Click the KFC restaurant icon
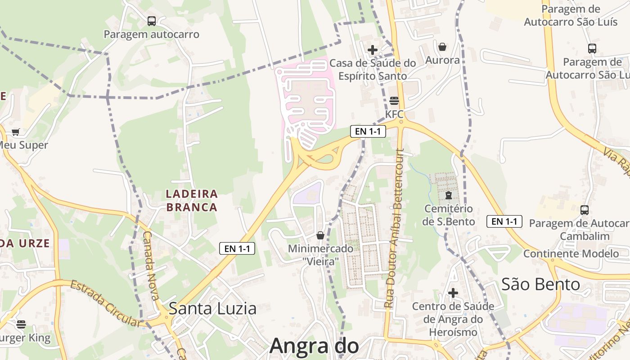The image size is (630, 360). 394,101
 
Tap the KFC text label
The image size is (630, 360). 394,114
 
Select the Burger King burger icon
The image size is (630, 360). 21,324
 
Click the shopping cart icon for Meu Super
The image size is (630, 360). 16,132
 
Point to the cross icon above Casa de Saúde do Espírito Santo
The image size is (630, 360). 373,50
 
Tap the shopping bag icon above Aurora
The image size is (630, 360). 442,47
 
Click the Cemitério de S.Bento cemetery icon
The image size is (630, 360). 449,195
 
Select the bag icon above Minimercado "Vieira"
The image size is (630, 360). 320,235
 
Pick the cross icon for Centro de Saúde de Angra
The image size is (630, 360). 453,293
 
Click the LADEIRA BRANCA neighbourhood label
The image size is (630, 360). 192,201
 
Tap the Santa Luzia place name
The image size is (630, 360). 212,309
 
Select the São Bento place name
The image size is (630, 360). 540,284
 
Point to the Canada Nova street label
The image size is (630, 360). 151,265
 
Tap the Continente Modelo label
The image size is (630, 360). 571,253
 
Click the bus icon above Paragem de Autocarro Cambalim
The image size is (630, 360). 584,210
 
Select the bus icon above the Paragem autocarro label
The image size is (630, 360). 152,21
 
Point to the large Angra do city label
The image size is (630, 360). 314,346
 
